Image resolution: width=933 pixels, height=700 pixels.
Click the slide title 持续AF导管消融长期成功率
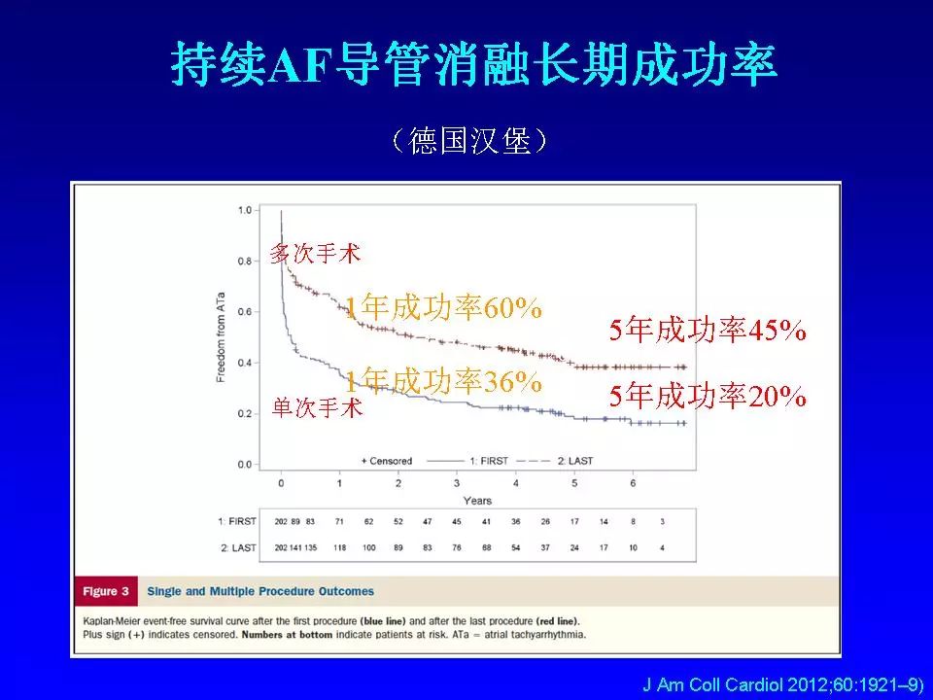pyautogui.click(x=473, y=64)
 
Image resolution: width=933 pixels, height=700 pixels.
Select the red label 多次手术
pyautogui.click(x=315, y=255)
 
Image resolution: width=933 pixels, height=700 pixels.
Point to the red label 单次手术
pyautogui.click(x=317, y=408)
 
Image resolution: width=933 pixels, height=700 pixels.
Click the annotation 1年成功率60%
pyautogui.click(x=443, y=308)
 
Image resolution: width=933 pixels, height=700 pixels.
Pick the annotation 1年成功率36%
pyautogui.click(x=443, y=383)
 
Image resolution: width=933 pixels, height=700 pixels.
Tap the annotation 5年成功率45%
pyautogui.click(x=708, y=331)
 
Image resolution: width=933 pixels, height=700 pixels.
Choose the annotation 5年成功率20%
pyautogui.click(x=708, y=397)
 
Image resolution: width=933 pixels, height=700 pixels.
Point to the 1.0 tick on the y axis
pyautogui.click(x=244, y=210)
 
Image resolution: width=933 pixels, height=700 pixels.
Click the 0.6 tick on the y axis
pyautogui.click(x=244, y=312)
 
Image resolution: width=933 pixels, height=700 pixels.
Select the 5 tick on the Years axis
pyautogui.click(x=574, y=483)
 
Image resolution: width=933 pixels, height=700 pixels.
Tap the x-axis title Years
pyautogui.click(x=477, y=501)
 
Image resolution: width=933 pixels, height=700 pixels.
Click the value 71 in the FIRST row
pyautogui.click(x=339, y=523)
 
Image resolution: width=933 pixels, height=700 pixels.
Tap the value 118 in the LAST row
pyautogui.click(x=339, y=548)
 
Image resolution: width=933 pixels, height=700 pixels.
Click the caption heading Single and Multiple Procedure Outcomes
pyautogui.click(x=260, y=591)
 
